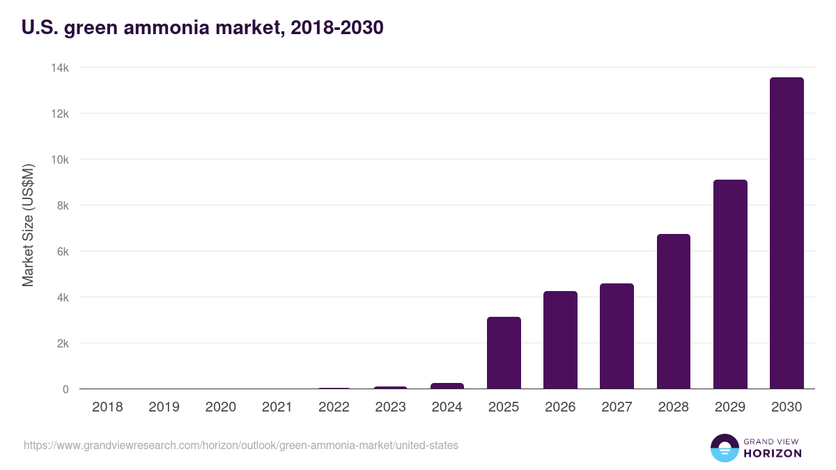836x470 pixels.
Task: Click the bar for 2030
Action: click(787, 233)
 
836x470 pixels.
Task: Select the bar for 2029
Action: click(730, 284)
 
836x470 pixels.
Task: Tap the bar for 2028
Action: click(674, 311)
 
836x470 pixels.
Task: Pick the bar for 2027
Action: click(617, 336)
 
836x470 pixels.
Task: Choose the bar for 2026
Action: click(560, 340)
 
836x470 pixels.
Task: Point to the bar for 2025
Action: click(504, 353)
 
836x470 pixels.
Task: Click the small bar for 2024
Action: click(447, 386)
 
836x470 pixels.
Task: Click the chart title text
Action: click(203, 28)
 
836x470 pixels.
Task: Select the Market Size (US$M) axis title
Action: click(28, 225)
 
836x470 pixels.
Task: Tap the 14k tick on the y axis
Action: click(60, 68)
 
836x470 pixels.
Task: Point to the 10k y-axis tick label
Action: click(60, 159)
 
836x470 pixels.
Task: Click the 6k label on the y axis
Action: click(63, 251)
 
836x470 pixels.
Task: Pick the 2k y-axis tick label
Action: click(63, 343)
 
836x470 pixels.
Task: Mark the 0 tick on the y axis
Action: click(65, 389)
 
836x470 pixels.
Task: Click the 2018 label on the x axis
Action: click(107, 407)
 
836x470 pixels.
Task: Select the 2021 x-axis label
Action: click(277, 407)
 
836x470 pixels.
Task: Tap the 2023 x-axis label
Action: click(390, 407)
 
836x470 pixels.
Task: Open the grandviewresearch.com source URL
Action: click(241, 445)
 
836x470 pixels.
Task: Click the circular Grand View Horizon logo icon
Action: click(724, 448)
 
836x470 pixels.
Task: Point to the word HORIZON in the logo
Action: click(773, 453)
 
